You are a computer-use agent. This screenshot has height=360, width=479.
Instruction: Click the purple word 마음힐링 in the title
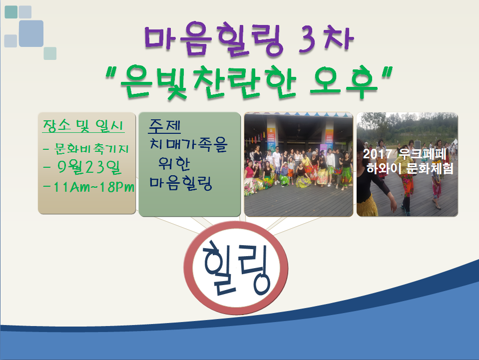(x=214, y=39)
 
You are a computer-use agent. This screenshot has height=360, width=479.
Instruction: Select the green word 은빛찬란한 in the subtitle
(x=208, y=82)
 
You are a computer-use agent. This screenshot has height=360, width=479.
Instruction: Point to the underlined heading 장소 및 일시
(x=83, y=126)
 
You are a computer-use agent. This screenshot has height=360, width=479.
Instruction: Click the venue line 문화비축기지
(x=91, y=148)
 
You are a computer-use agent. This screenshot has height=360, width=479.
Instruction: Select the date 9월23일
(x=89, y=167)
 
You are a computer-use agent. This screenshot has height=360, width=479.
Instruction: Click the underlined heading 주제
(x=164, y=126)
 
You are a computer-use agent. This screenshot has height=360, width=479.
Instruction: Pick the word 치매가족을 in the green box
(x=188, y=144)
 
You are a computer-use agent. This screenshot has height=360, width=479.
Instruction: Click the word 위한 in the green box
(x=174, y=164)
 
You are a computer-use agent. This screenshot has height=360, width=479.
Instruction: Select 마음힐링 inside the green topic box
(x=180, y=183)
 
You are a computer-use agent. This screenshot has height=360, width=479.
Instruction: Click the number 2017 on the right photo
(x=377, y=154)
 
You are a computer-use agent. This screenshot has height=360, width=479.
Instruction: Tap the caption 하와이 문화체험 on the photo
(x=410, y=168)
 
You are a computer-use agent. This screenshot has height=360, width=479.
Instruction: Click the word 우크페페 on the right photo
(x=423, y=154)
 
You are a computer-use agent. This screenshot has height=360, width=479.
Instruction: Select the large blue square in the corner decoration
(x=31, y=33)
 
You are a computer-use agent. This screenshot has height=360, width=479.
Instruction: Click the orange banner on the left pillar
(x=271, y=137)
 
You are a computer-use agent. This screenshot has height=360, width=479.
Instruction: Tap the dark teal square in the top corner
(x=11, y=12)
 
